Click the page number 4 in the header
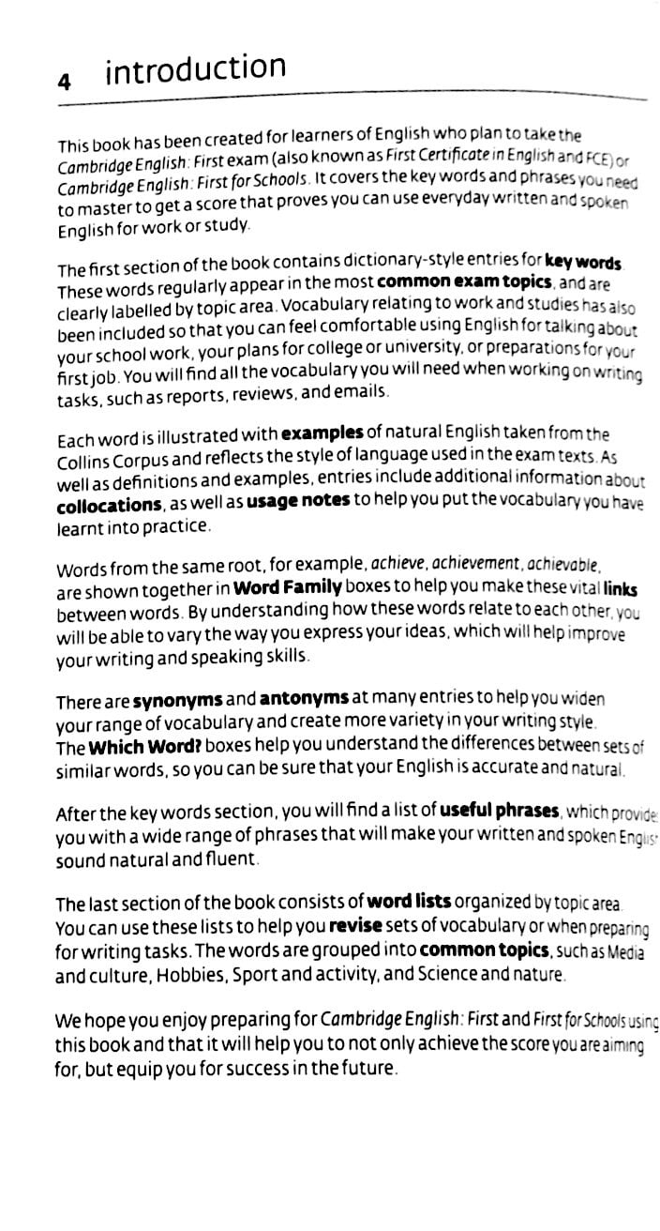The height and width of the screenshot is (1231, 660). pos(65,83)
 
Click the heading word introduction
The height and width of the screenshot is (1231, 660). pos(195,69)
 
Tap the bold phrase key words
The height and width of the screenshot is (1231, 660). pos(584,262)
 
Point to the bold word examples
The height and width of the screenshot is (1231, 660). pos(322,433)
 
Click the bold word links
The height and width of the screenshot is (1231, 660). pos(621,590)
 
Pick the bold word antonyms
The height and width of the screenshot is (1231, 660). pos(302,699)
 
